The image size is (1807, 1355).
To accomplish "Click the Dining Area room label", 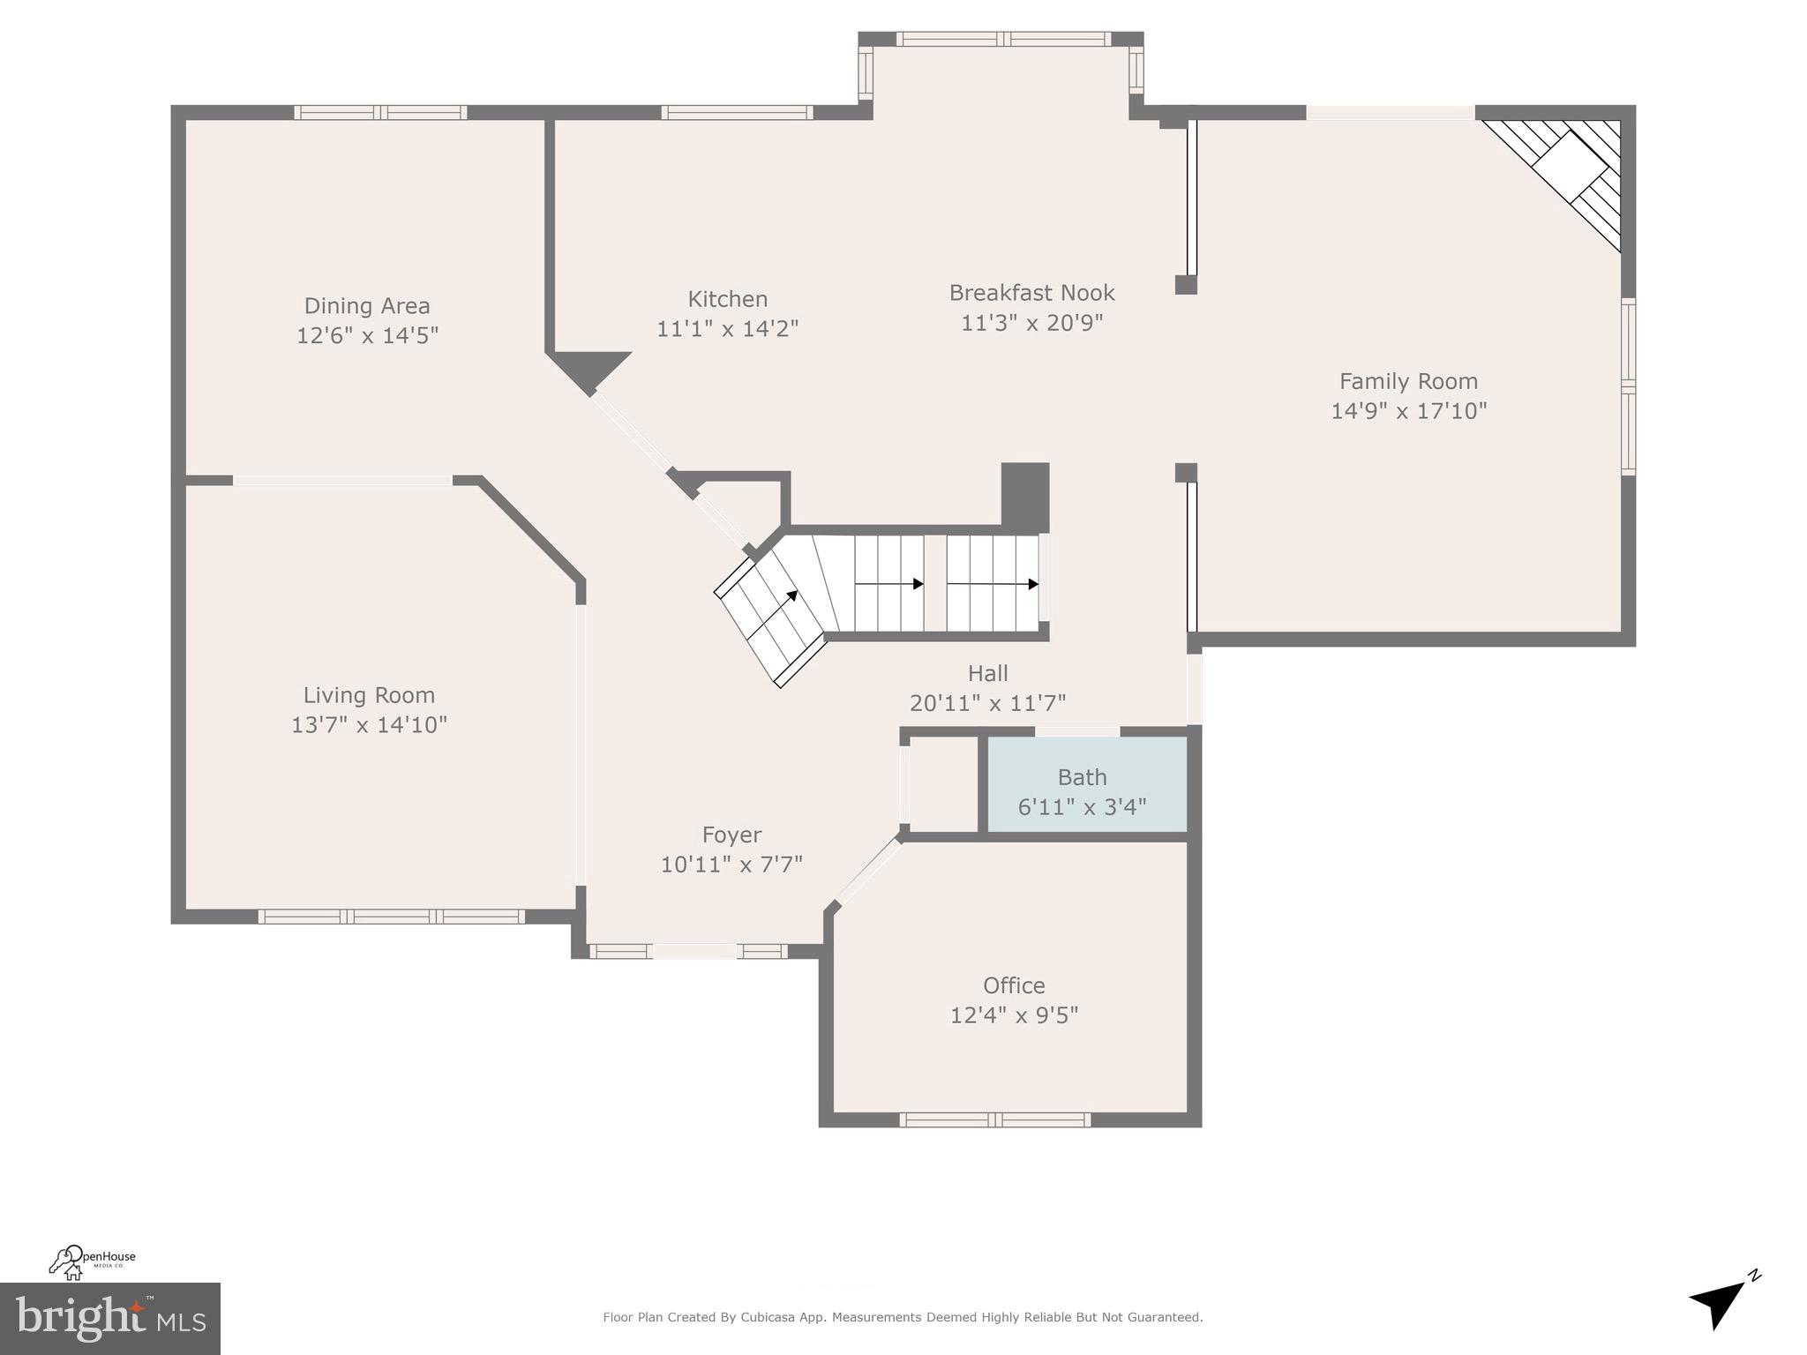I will [x=367, y=306].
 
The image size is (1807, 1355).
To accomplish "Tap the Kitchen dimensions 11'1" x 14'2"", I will [x=727, y=329].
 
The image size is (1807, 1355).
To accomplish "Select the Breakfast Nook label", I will [x=1031, y=293].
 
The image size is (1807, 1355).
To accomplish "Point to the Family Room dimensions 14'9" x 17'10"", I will [x=1408, y=411].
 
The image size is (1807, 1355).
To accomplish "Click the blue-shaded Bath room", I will [x=1085, y=784].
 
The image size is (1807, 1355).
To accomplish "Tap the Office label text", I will [x=1014, y=985].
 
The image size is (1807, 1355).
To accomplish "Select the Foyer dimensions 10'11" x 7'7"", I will [x=731, y=865].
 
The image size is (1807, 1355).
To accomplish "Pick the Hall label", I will [x=987, y=674].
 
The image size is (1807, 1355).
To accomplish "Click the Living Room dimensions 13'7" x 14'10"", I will [x=369, y=725].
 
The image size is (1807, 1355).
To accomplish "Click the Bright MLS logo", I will [x=109, y=1319].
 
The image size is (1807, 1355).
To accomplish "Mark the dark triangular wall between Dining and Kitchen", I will [x=588, y=368].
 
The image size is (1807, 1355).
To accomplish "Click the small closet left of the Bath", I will [x=943, y=784].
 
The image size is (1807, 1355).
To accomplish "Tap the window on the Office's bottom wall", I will [x=994, y=1119].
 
